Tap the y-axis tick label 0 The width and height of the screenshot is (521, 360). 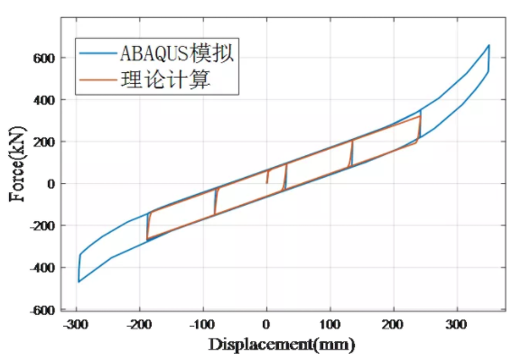(51, 184)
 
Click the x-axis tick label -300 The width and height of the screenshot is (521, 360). (77, 324)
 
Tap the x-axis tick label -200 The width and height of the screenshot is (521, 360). (140, 324)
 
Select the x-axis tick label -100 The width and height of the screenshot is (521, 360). (203, 324)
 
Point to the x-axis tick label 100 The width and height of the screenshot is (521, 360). (330, 324)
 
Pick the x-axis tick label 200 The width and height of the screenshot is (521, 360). (393, 324)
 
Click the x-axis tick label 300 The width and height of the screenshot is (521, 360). (456, 324)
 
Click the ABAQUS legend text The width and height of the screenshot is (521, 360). (178, 51)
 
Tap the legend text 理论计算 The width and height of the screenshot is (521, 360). (165, 80)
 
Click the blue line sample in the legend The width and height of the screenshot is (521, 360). (97, 52)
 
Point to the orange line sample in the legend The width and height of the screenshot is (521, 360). (97, 80)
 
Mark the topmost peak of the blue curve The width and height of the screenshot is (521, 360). (488, 44)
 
